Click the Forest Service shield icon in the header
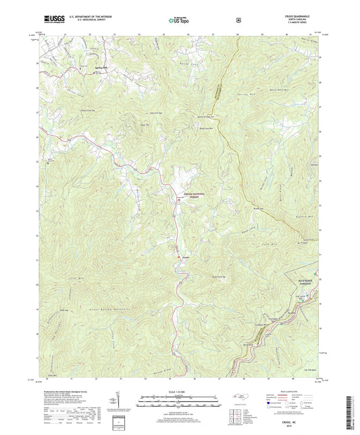pyautogui.click(x=238, y=20)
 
